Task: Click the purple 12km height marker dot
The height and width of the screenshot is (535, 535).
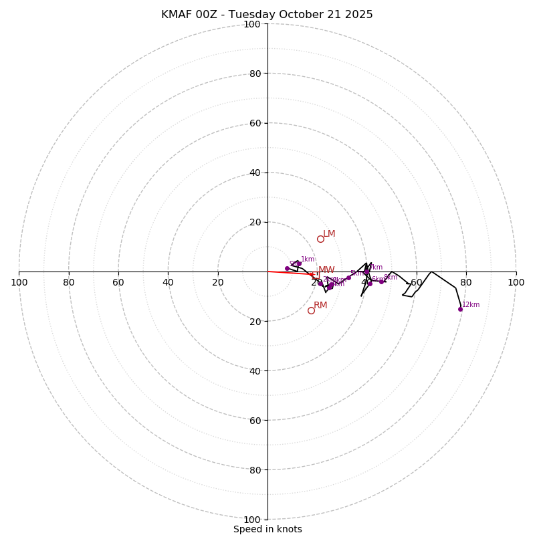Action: (x=460, y=309)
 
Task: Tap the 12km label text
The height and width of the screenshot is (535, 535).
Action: (x=471, y=305)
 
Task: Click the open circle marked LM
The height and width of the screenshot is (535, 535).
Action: (x=320, y=239)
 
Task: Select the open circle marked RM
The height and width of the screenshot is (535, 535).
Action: (x=311, y=310)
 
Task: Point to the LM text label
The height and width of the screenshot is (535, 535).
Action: (x=329, y=234)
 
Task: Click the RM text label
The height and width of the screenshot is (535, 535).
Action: (x=320, y=306)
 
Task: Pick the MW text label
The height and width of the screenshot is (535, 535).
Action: (x=326, y=270)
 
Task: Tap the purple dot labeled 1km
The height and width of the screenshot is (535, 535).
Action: (x=298, y=263)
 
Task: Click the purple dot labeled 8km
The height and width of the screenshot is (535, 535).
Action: (x=381, y=282)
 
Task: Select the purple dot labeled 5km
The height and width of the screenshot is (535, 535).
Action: (x=348, y=278)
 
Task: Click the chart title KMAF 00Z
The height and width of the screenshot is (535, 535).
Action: (x=267, y=15)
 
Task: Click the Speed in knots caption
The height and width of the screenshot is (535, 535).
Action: (x=267, y=530)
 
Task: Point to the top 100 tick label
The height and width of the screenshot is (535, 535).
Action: (x=252, y=24)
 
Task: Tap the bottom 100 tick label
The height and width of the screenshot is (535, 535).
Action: (x=252, y=520)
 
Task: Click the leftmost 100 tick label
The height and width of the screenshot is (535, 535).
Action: (x=19, y=283)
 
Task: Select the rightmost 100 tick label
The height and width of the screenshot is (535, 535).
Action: (x=516, y=283)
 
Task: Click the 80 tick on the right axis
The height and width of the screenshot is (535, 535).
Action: (x=466, y=283)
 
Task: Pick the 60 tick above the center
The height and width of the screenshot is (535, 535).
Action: (x=255, y=123)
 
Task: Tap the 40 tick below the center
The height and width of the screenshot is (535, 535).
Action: (x=255, y=371)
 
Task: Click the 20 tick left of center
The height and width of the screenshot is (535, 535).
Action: (x=218, y=283)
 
